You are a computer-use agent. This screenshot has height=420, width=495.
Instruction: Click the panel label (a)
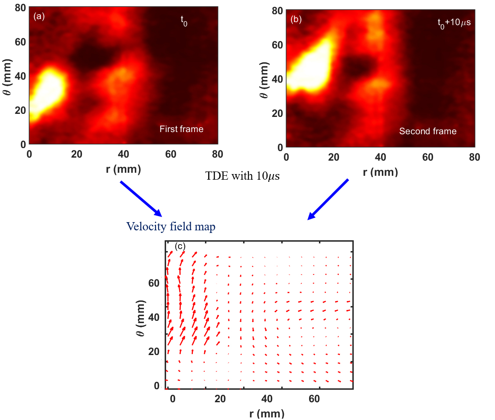coord(38,17)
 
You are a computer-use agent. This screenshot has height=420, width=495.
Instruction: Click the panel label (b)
coord(296,19)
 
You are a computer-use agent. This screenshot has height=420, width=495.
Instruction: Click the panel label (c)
coord(180,246)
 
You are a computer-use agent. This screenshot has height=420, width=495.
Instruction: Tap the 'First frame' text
coord(181,129)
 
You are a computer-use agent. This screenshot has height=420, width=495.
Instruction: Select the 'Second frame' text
coord(428,131)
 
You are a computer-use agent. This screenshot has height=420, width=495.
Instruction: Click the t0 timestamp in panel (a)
coord(184,19)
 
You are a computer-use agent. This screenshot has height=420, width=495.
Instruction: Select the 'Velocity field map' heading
coord(170,226)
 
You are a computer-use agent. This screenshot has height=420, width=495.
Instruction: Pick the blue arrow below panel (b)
coord(328,199)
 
